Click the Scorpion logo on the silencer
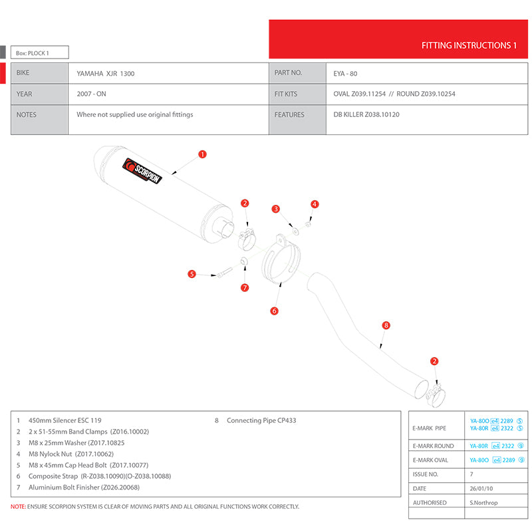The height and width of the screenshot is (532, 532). (143, 172)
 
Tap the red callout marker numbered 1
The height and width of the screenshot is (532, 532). (203, 154)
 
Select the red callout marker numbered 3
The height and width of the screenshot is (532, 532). (276, 209)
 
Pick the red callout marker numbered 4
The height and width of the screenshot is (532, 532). (315, 204)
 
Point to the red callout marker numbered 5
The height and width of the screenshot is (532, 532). (192, 273)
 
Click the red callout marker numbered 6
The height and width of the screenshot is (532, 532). (274, 311)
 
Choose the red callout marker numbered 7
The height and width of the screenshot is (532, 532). (245, 287)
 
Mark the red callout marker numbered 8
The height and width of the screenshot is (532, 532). (386, 325)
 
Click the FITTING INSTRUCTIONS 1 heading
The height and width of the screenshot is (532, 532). (469, 46)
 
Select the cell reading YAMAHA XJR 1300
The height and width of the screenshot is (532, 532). (106, 73)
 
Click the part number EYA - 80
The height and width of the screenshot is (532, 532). (345, 73)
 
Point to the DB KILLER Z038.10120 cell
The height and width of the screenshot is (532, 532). (366, 114)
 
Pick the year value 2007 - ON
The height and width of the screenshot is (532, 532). (92, 94)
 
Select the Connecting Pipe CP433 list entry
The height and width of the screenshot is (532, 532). (261, 420)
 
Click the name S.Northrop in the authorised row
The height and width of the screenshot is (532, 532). (483, 503)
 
